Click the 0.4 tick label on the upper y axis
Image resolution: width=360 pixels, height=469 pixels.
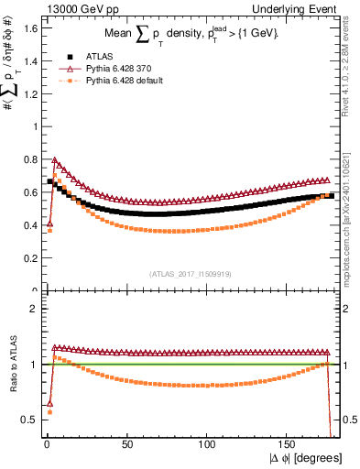27,225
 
